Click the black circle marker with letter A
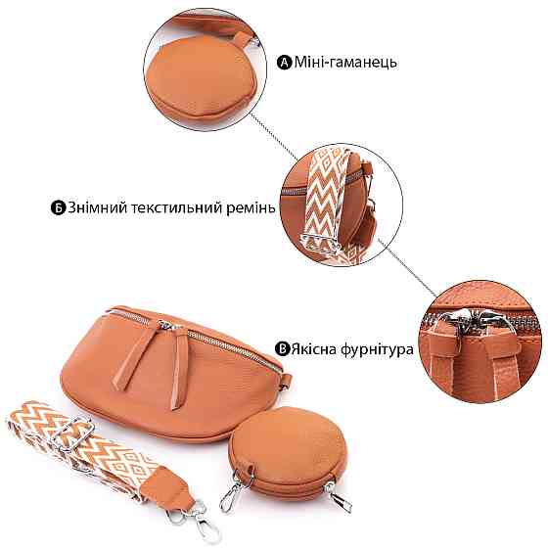point(284,63)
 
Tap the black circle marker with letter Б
point(59,207)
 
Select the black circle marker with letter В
point(283,349)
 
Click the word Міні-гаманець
point(345,63)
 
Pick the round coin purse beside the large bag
point(288,452)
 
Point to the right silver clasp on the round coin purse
point(338,496)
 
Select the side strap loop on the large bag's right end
point(285,380)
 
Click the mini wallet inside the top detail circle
point(199,75)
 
